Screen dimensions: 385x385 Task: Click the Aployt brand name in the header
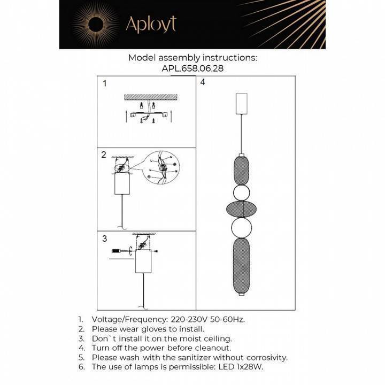150,24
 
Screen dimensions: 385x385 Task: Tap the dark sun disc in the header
96,24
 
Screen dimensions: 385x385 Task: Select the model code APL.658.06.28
192,68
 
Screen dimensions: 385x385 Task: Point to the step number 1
105,83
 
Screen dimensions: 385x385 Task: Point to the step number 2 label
104,155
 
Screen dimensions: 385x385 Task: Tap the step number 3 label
104,238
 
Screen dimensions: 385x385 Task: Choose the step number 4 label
203,83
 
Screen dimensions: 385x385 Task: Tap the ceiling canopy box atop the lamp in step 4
242,103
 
